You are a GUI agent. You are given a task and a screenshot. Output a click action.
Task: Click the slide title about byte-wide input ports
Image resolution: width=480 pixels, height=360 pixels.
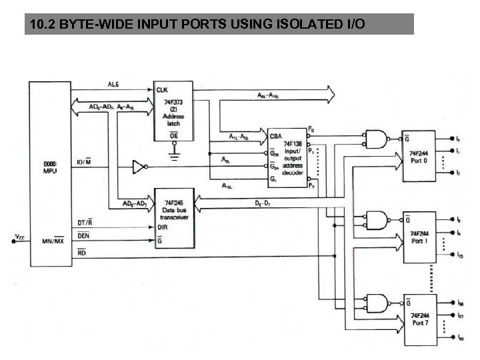(x=197, y=25)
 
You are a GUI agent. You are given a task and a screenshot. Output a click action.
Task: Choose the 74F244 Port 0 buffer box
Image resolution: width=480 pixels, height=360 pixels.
(x=419, y=156)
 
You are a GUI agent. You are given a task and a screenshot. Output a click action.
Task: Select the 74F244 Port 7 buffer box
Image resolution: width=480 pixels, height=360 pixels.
(x=419, y=318)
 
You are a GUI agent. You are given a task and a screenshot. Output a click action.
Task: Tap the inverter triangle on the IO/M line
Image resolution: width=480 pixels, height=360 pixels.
(x=138, y=166)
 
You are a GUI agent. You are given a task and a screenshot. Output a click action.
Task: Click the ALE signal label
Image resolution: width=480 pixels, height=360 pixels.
(x=113, y=85)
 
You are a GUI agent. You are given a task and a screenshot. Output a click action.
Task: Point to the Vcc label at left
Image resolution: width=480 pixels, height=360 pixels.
(x=18, y=235)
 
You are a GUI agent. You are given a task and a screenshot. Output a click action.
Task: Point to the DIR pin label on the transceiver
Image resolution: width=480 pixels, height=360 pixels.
(x=161, y=227)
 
